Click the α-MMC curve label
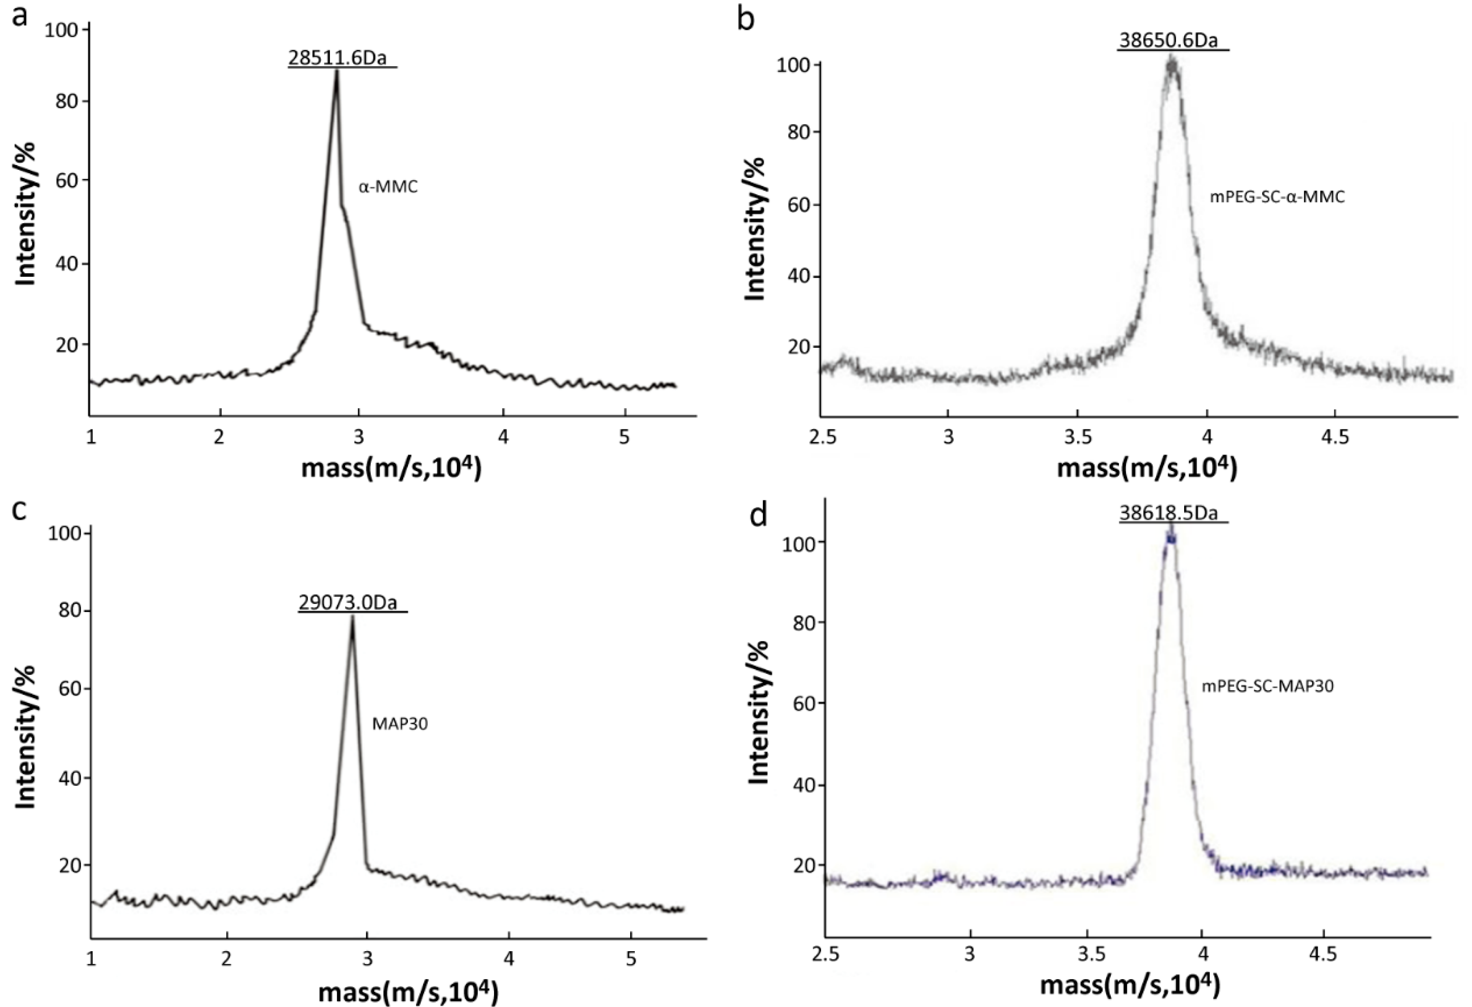[x=388, y=188]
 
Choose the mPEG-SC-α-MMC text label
[x=1277, y=197]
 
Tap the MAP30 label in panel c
[x=399, y=724]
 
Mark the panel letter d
[x=758, y=516]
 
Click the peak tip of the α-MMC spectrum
[x=337, y=71]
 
